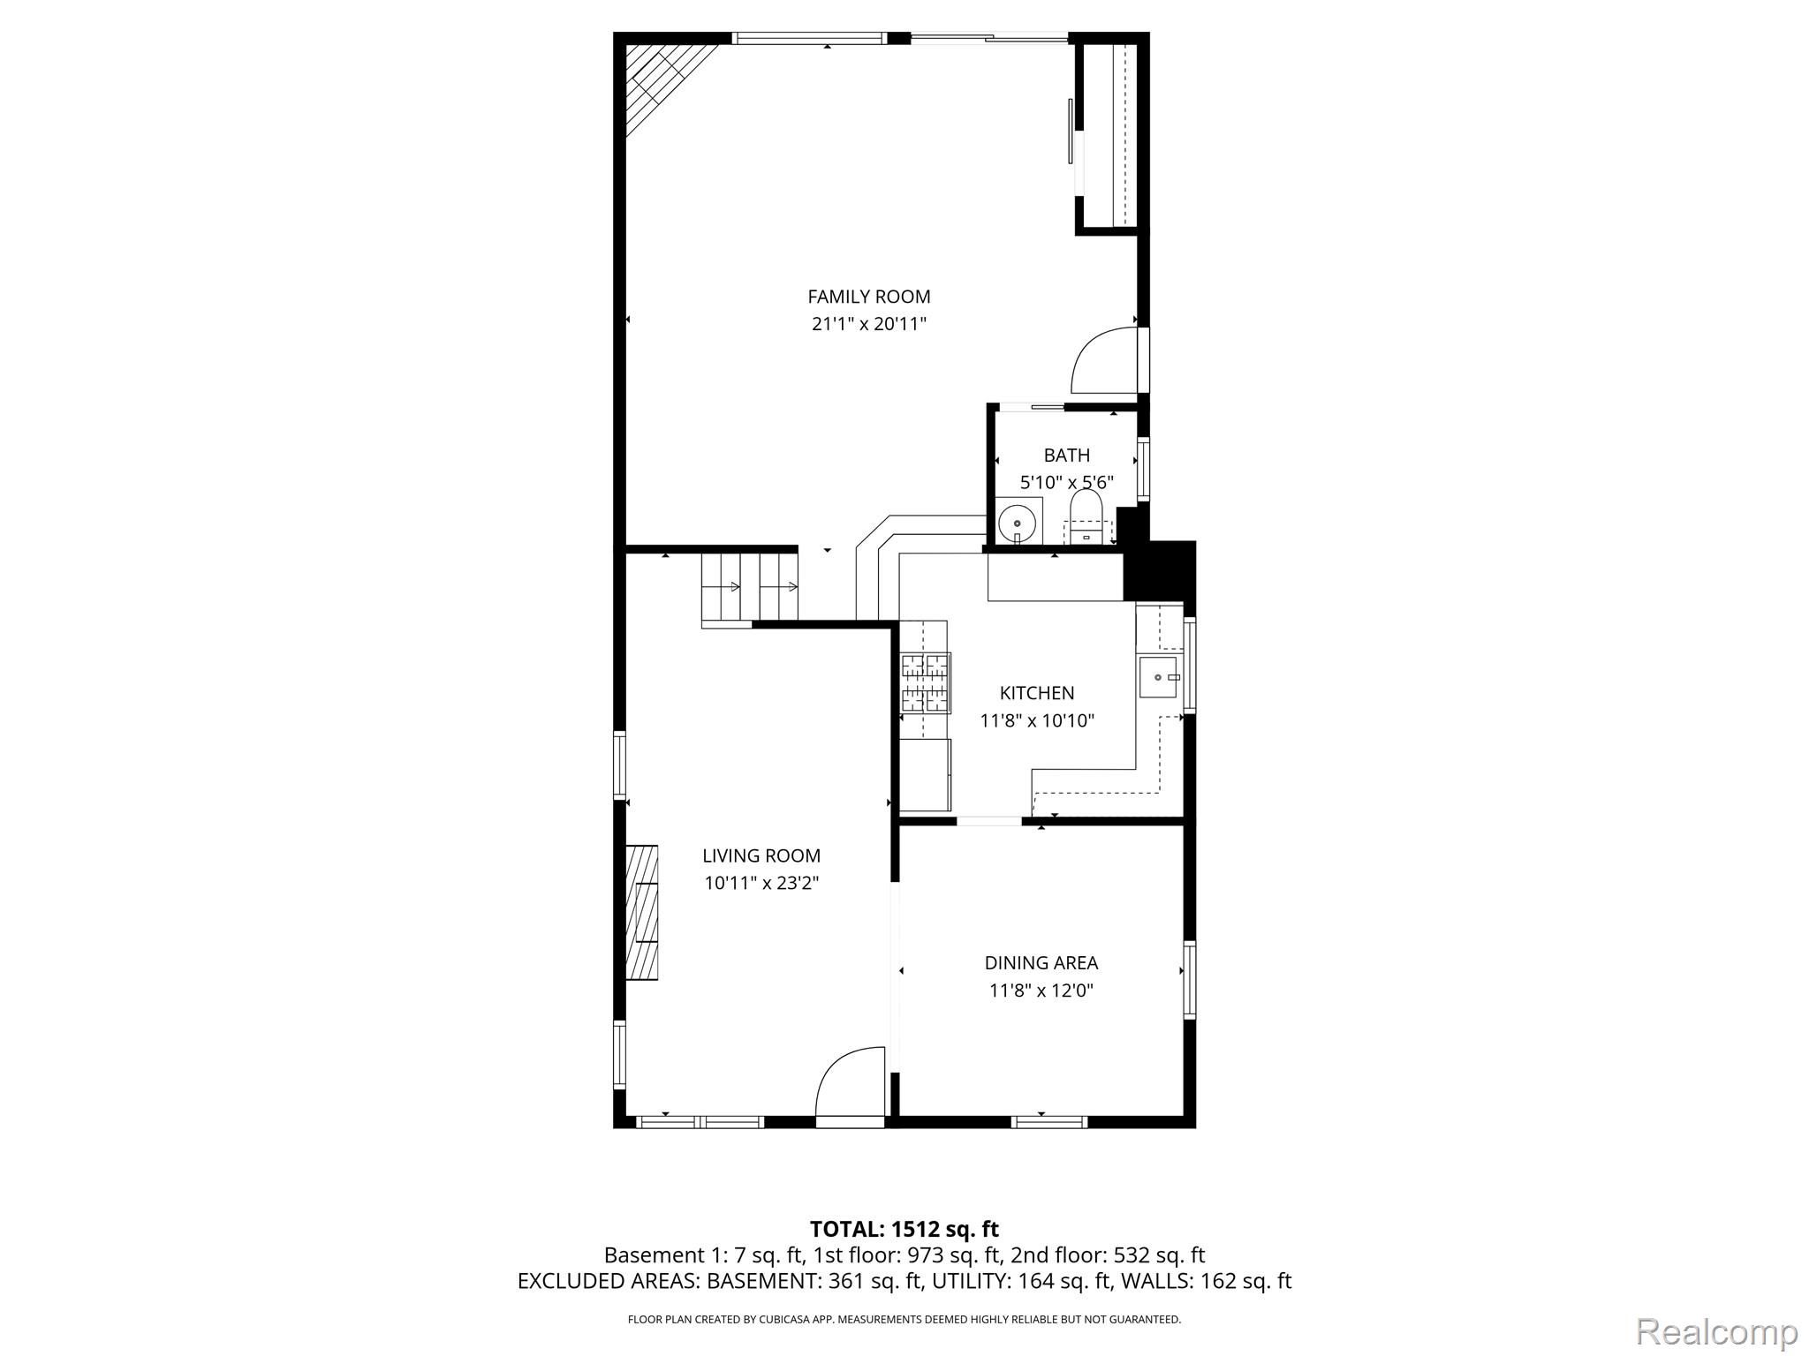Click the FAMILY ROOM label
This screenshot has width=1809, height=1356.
pos(868,297)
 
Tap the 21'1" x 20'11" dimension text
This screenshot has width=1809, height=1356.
pos(868,324)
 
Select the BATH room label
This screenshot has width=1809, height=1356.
pos(1066,456)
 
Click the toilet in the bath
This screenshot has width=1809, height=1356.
pos(1086,517)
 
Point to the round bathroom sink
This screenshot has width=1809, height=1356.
pos(1018,524)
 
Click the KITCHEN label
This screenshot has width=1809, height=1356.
pos(1036,693)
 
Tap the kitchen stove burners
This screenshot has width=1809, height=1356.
pos(925,682)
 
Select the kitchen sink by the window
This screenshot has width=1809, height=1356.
pos(1158,677)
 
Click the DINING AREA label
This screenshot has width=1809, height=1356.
pos(1041,963)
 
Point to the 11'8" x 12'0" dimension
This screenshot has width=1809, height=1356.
pos(1041,991)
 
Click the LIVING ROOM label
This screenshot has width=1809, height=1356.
pos(761,855)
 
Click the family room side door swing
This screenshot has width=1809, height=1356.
pos(1104,361)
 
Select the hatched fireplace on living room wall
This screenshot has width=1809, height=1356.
pos(642,912)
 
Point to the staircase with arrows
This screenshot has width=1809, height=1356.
pos(749,587)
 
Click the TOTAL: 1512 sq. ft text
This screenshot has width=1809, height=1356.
pos(904,1229)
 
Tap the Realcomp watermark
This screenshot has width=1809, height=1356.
pos(1716,1331)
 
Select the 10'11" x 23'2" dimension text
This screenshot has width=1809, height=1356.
pos(761,883)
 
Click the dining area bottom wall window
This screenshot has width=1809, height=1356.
pos(1048,1122)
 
